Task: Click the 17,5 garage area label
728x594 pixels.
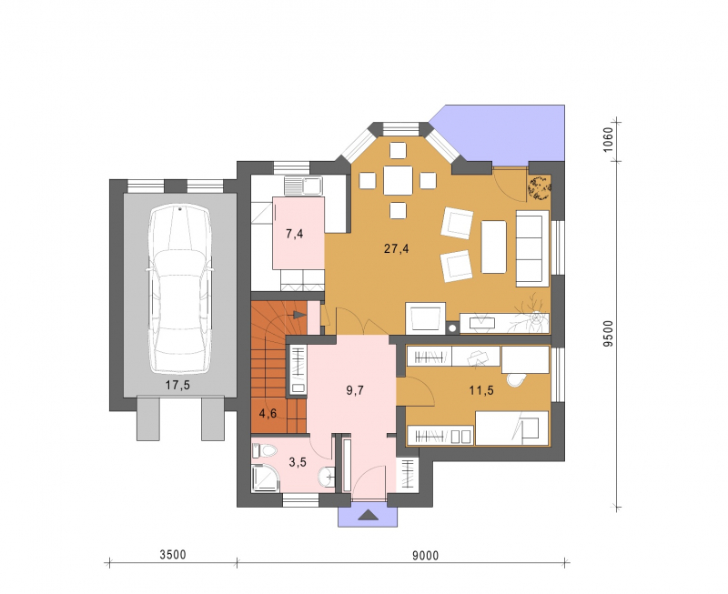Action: point(177,385)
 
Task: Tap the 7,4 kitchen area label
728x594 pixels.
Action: point(294,234)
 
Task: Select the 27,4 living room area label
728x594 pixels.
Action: point(397,248)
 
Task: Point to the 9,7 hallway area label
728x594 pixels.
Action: point(355,390)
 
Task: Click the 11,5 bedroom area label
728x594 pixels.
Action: point(481,390)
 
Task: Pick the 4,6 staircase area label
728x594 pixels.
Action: point(268,413)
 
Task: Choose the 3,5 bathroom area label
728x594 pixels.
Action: point(298,462)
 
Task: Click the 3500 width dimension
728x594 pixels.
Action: point(173,555)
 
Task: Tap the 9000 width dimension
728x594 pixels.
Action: point(425,555)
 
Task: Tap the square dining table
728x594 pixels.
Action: point(398,180)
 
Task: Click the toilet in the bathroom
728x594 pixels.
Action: point(265,450)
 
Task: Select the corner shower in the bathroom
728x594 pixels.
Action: point(266,478)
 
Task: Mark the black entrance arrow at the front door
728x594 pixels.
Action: point(369,514)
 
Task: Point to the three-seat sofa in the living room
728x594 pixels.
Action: point(532,247)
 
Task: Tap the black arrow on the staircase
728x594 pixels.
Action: point(300,316)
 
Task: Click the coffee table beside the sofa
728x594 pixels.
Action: point(493,247)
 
